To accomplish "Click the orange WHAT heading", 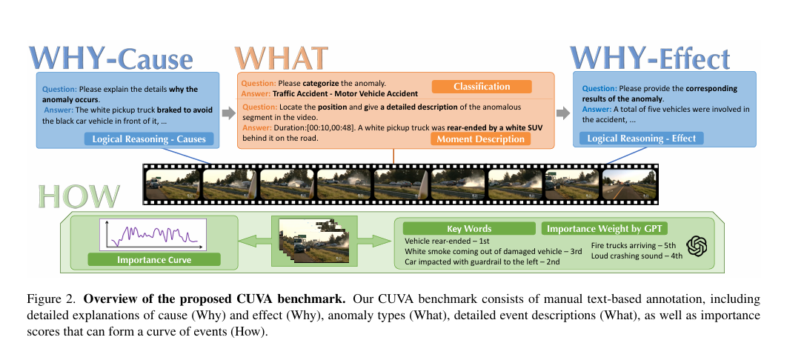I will pos(281,59).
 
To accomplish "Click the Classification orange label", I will pos(482,86).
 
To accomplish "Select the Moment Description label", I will pos(480,139).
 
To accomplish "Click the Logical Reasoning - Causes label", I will pos(149,139).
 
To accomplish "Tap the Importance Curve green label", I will pos(153,260).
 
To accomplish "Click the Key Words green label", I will pos(469,229).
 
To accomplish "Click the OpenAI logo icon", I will pos(697,247).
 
